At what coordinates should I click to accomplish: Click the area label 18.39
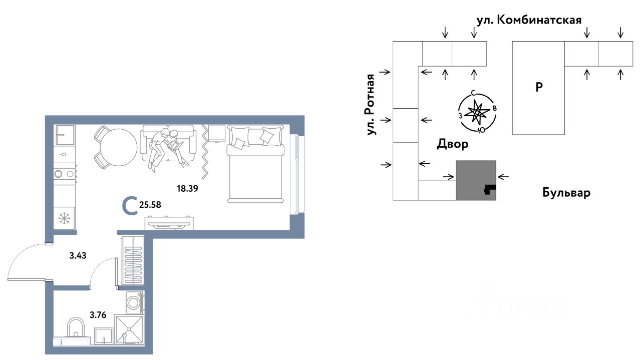[x=187, y=189]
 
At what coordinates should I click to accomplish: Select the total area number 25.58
[x=150, y=205]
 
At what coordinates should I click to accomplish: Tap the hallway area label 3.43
[x=78, y=255]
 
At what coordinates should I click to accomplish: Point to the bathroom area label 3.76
[x=98, y=315]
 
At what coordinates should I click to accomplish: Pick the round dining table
[x=119, y=147]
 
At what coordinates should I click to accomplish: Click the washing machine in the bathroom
[x=134, y=302]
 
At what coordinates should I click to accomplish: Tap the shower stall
[x=129, y=329]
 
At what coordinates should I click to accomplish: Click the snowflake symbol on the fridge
[x=65, y=218]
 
